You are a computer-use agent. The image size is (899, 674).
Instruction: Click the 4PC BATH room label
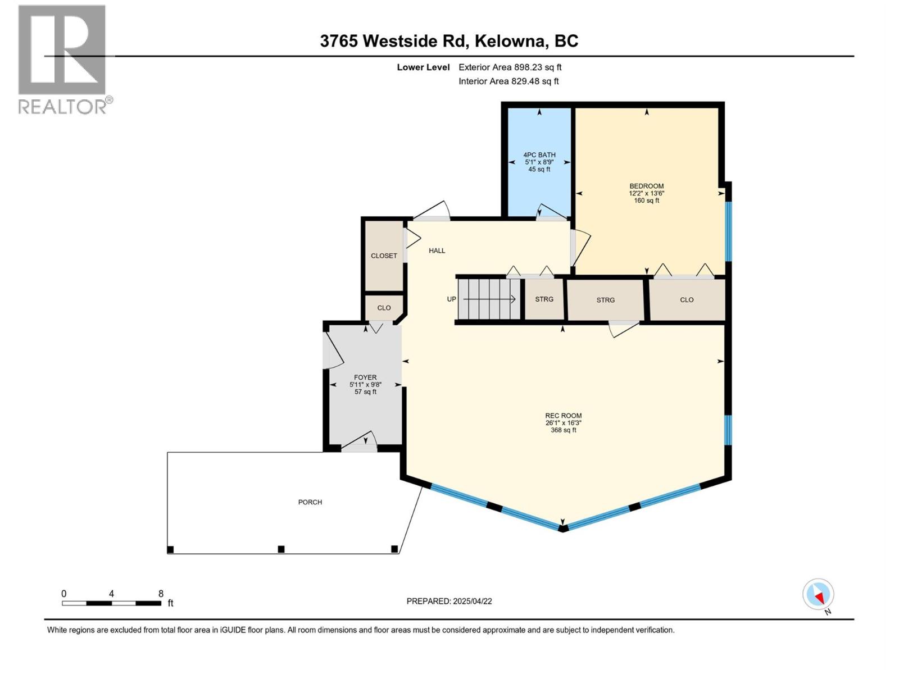point(539,155)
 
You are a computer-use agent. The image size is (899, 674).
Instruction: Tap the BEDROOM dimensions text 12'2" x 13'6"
point(646,193)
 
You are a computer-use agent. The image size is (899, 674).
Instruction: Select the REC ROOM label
point(563,416)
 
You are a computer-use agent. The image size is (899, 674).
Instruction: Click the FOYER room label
point(365,377)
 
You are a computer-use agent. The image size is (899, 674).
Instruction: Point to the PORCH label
point(310,502)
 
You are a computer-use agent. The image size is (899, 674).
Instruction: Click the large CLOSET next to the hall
point(384,256)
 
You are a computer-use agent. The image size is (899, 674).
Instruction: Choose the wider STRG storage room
point(605,300)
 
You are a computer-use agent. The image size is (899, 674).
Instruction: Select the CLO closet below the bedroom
point(687,300)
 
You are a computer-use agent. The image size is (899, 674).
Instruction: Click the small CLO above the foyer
point(384,308)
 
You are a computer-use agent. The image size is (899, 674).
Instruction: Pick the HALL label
point(437,251)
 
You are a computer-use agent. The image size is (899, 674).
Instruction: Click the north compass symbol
point(818,594)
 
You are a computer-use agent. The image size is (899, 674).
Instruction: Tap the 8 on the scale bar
point(161,594)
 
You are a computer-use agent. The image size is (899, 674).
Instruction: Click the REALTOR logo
point(63,59)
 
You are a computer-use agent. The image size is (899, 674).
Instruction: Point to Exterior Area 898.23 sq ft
point(510,67)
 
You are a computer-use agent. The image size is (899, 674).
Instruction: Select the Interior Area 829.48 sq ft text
point(508,81)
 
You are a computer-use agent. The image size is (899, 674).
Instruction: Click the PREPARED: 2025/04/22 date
point(449,601)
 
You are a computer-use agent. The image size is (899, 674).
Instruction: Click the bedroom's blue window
point(728,231)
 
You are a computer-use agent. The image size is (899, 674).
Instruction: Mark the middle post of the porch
point(281,549)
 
